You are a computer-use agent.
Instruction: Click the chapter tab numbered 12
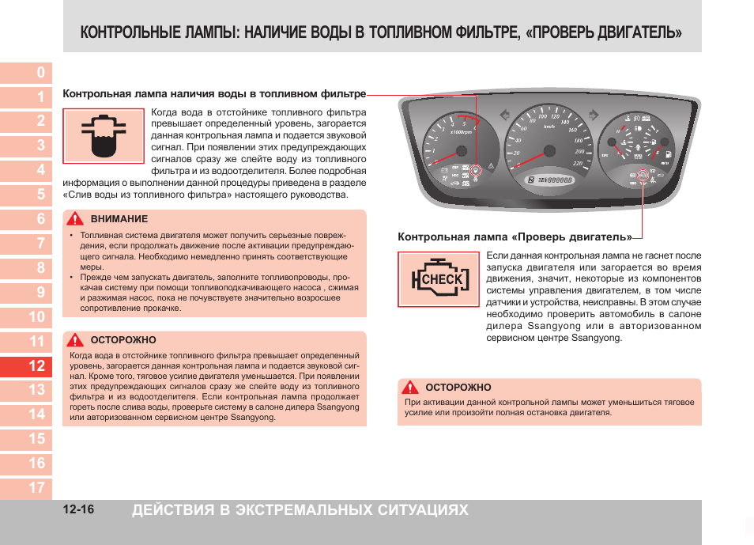tap(36, 365)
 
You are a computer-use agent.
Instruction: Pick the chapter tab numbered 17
tap(36, 487)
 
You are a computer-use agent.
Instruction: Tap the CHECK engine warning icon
tap(438, 279)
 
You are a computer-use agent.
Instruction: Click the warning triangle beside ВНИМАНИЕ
tap(76, 219)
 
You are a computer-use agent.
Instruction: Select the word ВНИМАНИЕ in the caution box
tap(119, 219)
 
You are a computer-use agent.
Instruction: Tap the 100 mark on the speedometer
tap(542, 117)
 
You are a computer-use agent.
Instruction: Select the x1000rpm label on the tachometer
tap(461, 132)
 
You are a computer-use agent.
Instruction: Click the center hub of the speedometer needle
tap(549, 151)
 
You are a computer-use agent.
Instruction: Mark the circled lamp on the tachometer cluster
tap(476, 170)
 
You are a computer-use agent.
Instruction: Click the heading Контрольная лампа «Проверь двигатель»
tap(515, 237)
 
